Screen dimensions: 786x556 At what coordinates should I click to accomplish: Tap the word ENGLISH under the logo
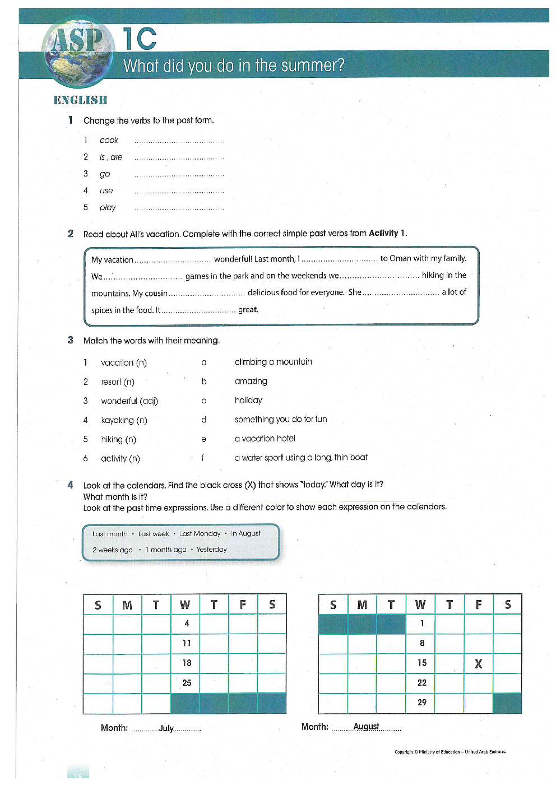coord(80,100)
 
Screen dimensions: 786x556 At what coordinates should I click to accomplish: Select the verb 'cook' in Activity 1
coord(109,140)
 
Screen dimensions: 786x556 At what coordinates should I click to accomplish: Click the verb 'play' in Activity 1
coord(108,207)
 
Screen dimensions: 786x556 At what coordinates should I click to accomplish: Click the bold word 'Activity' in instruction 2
coord(383,233)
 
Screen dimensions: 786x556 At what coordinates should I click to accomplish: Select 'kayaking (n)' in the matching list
coord(124,420)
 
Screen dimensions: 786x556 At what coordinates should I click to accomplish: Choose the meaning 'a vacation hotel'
coord(265,439)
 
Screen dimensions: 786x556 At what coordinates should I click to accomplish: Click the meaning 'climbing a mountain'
coord(273,362)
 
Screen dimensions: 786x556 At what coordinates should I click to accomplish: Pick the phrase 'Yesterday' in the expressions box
coord(211,550)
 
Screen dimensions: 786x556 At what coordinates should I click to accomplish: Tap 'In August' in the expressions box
coord(245,533)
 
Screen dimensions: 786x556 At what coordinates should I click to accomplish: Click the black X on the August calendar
coord(478,664)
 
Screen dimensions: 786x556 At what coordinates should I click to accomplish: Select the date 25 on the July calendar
coord(187,683)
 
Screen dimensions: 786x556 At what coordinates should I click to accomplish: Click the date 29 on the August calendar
coord(422,703)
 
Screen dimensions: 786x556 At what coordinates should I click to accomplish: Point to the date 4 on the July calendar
coord(187,624)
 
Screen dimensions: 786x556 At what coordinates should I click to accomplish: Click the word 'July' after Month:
coord(166,728)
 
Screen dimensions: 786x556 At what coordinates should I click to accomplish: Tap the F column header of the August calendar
coord(478,604)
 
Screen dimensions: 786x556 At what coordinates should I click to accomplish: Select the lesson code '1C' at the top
coord(140,39)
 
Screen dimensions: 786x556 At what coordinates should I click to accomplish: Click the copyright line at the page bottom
coord(450,752)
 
